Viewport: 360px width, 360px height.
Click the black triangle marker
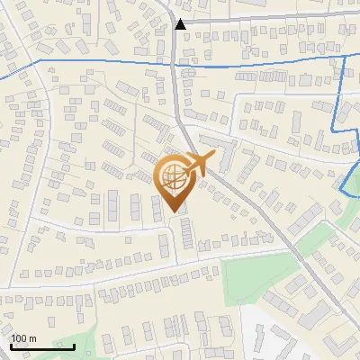pyautogui.click(x=181, y=24)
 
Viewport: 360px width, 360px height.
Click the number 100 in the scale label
pyautogui.click(x=19, y=338)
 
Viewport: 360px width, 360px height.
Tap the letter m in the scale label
pyautogui.click(x=32, y=338)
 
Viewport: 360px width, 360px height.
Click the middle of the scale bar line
pyautogui.click(x=42, y=346)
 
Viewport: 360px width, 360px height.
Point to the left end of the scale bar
pyautogui.click(x=12, y=346)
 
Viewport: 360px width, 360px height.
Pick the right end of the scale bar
pyautogui.click(x=74, y=346)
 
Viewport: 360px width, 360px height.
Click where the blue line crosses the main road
pyautogui.click(x=173, y=63)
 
